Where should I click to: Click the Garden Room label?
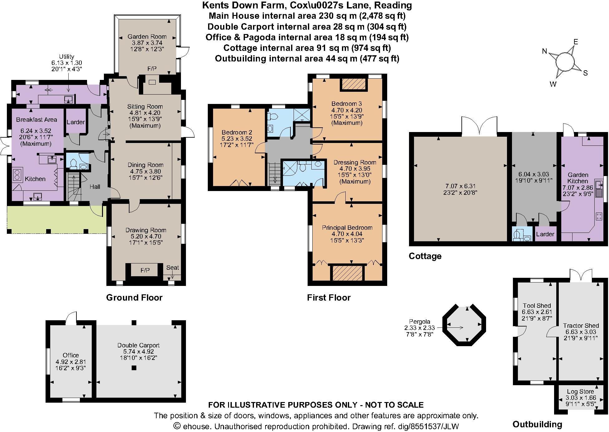point(147,37)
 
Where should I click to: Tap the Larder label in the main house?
point(76,122)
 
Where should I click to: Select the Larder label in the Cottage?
point(545,234)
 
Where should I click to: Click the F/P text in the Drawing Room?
point(145,270)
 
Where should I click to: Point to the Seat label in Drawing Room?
point(173,268)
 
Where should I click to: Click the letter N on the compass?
point(544,52)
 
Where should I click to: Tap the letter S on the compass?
point(585,73)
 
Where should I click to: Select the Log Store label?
point(580,391)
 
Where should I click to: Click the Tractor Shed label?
point(581,326)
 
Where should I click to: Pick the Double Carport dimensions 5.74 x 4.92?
point(138,351)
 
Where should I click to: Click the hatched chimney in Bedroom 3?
point(353,84)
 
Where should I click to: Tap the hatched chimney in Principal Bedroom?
point(348,273)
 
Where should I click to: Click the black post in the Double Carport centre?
point(134,368)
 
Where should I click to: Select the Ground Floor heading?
point(134,297)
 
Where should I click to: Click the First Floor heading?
point(329,297)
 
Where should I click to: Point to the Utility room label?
point(66,56)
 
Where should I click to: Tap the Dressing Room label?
point(355,162)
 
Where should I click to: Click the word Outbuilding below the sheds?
point(537,424)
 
